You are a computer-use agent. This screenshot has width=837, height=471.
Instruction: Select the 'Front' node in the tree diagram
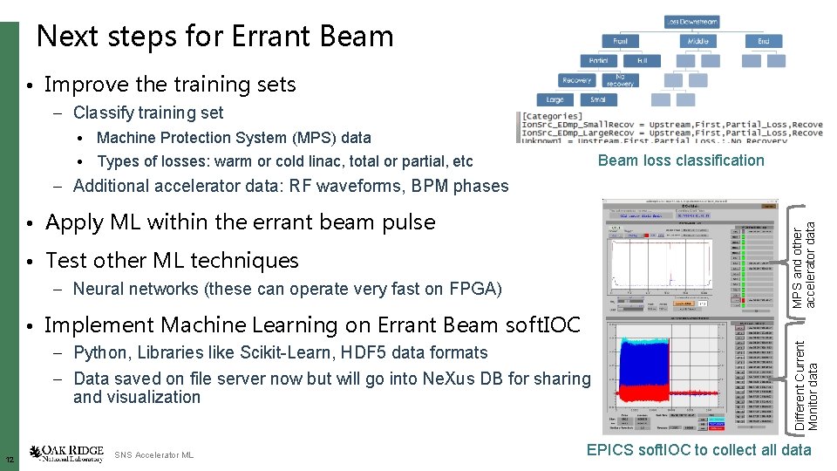point(620,41)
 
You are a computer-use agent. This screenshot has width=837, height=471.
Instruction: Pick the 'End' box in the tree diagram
point(763,41)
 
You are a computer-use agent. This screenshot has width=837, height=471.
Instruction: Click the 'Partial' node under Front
point(598,61)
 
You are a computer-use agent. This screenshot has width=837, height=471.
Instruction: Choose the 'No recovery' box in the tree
point(620,80)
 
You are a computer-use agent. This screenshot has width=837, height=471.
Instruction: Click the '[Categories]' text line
point(552,116)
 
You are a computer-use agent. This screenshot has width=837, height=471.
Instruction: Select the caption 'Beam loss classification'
point(681,160)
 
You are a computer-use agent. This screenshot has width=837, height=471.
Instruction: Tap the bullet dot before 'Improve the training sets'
point(30,86)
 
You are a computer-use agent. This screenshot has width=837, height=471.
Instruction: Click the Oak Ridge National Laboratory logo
point(66,454)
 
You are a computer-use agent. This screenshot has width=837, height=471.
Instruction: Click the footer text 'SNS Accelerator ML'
point(154,455)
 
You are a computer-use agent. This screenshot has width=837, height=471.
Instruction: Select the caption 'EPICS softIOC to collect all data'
point(698,450)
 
